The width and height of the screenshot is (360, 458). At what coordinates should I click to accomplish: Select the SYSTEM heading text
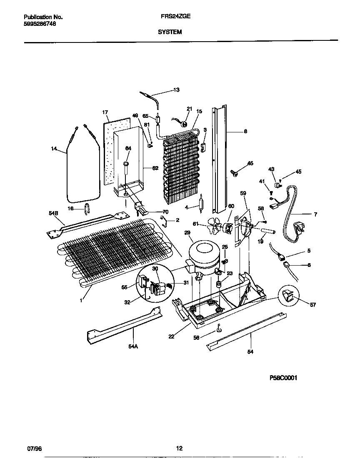click(x=170, y=32)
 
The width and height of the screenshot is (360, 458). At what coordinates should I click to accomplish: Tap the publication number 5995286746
click(x=40, y=24)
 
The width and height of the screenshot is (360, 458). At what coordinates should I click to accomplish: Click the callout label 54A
click(x=133, y=346)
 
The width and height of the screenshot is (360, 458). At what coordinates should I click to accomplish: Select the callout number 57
click(x=313, y=305)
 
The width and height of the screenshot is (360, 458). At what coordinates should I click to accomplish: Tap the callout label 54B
click(x=53, y=213)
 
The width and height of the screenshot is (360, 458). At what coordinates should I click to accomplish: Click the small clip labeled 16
click(x=87, y=208)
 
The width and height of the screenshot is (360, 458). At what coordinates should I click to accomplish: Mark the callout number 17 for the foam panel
click(x=105, y=112)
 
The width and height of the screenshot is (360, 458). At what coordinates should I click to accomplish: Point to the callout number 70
click(x=165, y=212)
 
